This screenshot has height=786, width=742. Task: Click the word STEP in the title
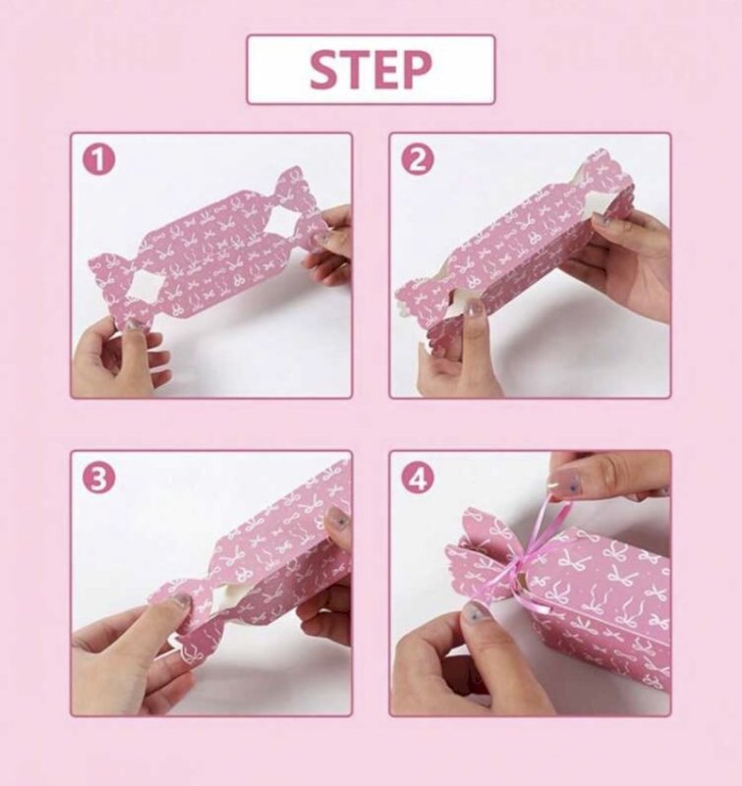371,70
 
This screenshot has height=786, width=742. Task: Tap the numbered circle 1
98,159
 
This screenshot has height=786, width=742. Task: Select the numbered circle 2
418,159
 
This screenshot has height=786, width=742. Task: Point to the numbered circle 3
98,477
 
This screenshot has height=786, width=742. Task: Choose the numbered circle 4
418,477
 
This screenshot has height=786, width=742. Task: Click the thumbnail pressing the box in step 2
476,309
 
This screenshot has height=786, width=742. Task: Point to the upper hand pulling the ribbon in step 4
604,474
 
